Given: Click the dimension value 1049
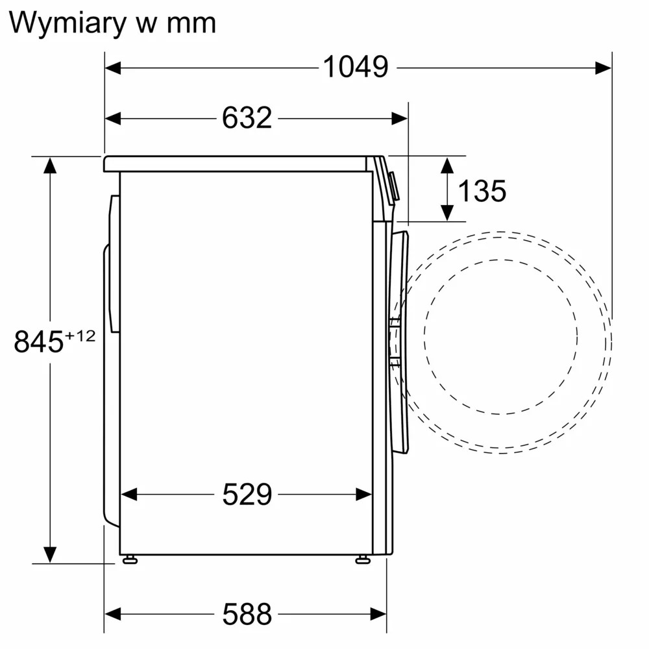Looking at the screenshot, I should click(355, 67).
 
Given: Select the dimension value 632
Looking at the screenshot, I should click(247, 118).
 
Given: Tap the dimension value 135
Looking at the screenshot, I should click(482, 191).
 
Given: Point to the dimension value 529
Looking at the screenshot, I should click(247, 495).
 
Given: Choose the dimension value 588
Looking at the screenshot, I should click(247, 613).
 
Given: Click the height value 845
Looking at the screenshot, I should click(38, 342).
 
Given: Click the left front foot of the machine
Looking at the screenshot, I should click(130, 559).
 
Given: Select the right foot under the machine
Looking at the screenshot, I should click(363, 559).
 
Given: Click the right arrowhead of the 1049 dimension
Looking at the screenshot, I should click(604, 67).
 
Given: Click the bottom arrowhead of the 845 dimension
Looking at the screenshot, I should click(49, 555).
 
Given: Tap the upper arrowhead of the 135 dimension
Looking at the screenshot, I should click(447, 164).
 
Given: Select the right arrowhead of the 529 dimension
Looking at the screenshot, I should click(364, 495).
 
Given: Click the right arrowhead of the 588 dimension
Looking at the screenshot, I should click(379, 613).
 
